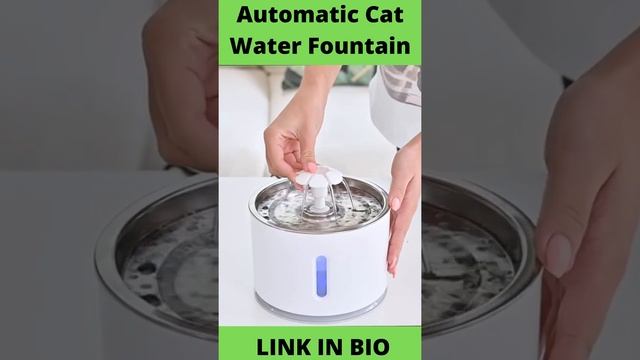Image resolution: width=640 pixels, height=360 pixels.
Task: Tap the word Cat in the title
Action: tap(387, 15)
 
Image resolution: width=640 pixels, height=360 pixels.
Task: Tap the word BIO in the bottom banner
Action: tap(370, 347)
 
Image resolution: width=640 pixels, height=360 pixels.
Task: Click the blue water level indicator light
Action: tap(321, 276)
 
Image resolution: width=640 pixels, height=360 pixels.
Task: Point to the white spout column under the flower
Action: tap(319, 199)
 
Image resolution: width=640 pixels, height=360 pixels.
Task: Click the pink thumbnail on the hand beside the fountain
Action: tap(395, 203)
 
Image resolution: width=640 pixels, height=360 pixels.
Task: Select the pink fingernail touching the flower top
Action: tap(312, 167)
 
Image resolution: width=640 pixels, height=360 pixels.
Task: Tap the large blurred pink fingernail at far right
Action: tap(559, 255)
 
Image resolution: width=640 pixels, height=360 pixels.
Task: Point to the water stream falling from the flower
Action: tap(349, 192)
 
